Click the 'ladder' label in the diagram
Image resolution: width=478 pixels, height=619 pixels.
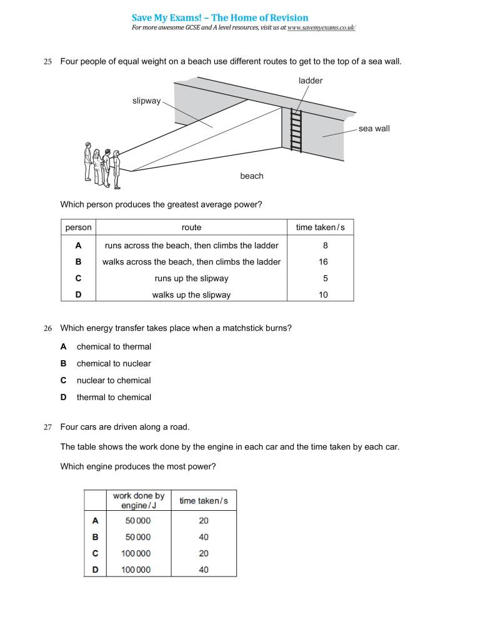(x=311, y=81)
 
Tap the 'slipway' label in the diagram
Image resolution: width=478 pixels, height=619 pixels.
(x=146, y=101)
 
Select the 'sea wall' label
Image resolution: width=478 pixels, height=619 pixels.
(x=374, y=129)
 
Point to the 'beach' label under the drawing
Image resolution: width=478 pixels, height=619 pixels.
(x=252, y=176)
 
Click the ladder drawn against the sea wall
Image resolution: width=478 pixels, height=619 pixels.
(x=296, y=130)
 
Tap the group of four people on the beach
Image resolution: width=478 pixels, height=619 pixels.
(x=102, y=166)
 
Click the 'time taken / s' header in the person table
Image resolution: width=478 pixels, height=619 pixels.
(x=321, y=228)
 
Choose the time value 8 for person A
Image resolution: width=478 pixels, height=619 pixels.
(x=325, y=246)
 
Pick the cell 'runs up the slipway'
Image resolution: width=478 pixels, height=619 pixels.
(x=191, y=279)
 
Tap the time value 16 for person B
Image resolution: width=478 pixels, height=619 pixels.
(x=323, y=262)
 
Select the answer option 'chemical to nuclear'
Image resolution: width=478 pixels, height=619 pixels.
(x=114, y=364)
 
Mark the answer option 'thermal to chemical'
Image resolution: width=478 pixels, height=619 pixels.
(x=114, y=398)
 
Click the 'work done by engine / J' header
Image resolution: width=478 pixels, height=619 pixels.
(x=139, y=500)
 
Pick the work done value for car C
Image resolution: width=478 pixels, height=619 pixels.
(x=138, y=553)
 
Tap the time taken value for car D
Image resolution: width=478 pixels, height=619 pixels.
(x=204, y=570)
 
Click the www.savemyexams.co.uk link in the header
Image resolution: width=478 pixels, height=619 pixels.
(x=321, y=28)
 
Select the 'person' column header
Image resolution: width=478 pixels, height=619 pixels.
(x=78, y=228)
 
